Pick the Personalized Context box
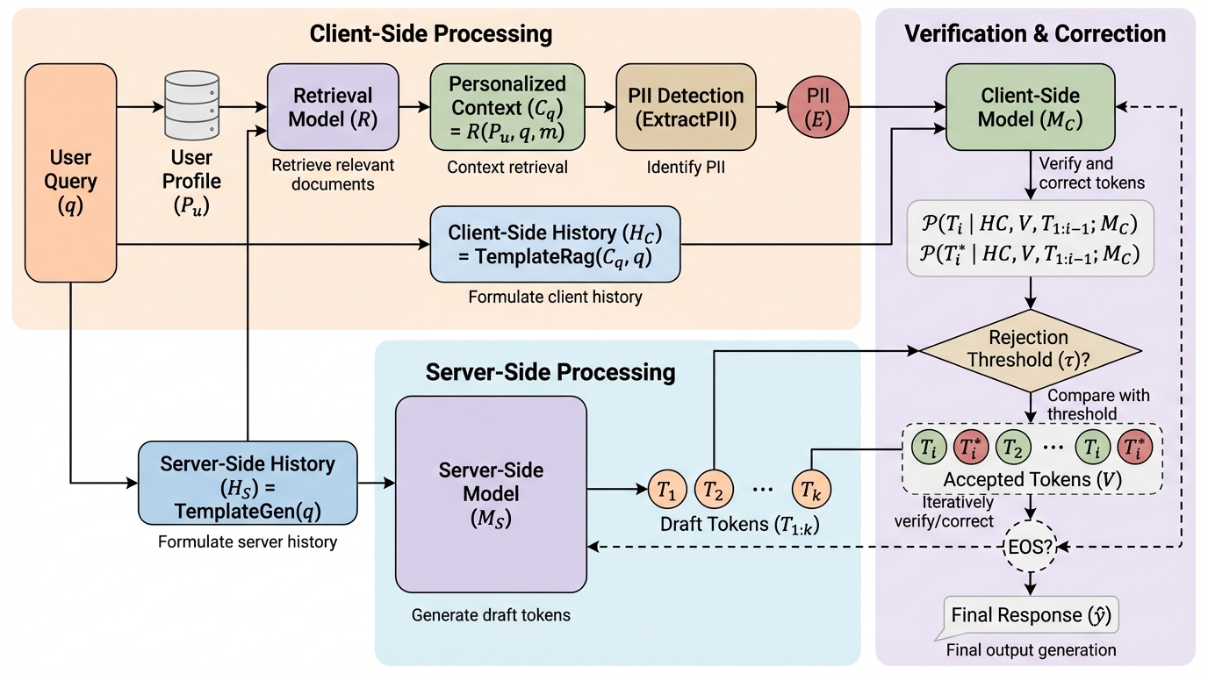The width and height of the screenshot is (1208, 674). (x=507, y=107)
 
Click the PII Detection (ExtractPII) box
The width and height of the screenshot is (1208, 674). (x=680, y=107)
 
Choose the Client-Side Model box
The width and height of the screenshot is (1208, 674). (x=1030, y=107)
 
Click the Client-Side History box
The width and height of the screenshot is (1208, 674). (x=555, y=244)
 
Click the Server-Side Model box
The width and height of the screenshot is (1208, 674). (x=491, y=493)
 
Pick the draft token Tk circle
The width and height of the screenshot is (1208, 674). (x=810, y=491)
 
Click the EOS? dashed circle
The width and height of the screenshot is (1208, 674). (x=1031, y=546)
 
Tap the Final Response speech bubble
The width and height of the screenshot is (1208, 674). (x=1031, y=615)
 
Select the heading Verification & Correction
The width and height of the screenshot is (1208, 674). (x=1035, y=34)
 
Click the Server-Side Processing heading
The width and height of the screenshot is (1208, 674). (x=550, y=371)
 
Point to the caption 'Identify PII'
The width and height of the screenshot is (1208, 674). (x=680, y=167)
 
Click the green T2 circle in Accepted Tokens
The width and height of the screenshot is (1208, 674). (x=1013, y=448)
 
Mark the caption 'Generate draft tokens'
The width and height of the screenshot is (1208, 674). (x=491, y=615)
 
